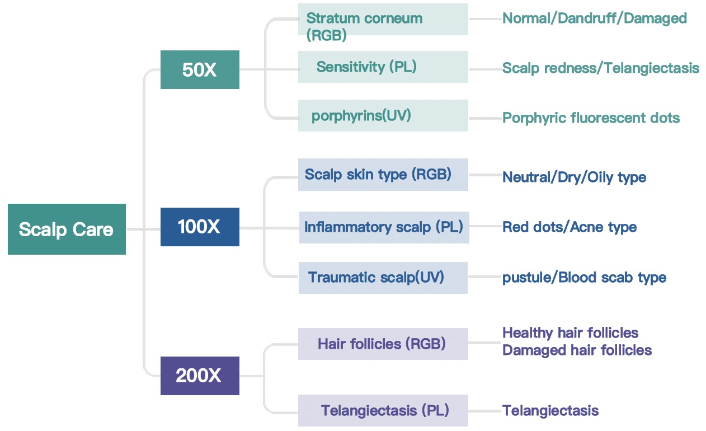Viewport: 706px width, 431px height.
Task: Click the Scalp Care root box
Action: click(67, 229)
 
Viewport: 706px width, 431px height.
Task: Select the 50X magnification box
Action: click(200, 69)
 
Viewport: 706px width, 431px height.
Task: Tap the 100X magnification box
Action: click(200, 227)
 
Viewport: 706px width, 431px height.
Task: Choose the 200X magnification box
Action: click(200, 376)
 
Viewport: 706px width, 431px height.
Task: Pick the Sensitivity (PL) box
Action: click(383, 67)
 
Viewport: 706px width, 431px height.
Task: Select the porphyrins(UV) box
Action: click(383, 116)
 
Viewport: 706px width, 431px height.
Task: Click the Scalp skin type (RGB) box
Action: click(383, 175)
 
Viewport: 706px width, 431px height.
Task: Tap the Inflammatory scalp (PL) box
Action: click(384, 227)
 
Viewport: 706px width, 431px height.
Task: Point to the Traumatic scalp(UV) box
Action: click(383, 278)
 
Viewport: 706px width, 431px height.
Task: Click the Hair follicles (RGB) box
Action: click(383, 344)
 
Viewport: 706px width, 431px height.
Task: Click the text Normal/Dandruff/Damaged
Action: click(594, 18)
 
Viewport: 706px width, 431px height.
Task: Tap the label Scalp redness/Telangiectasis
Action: click(600, 68)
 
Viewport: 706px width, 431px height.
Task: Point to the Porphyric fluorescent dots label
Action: click(591, 118)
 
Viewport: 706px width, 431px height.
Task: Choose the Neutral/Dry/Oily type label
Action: click(574, 177)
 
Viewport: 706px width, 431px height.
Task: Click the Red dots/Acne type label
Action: click(569, 227)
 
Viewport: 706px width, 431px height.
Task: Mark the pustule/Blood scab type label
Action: click(584, 278)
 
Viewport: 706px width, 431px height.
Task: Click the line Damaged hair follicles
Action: click(577, 350)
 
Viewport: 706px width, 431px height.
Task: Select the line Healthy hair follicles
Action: click(570, 333)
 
